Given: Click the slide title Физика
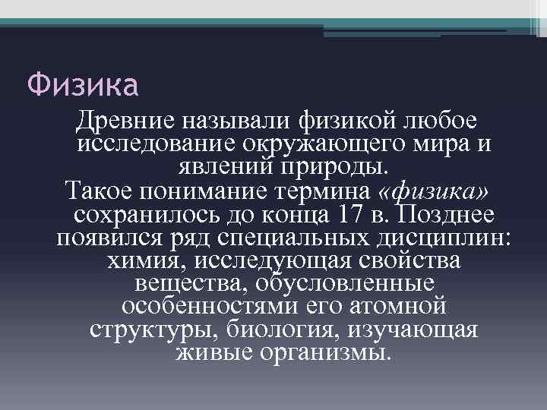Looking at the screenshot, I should click(x=83, y=84).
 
